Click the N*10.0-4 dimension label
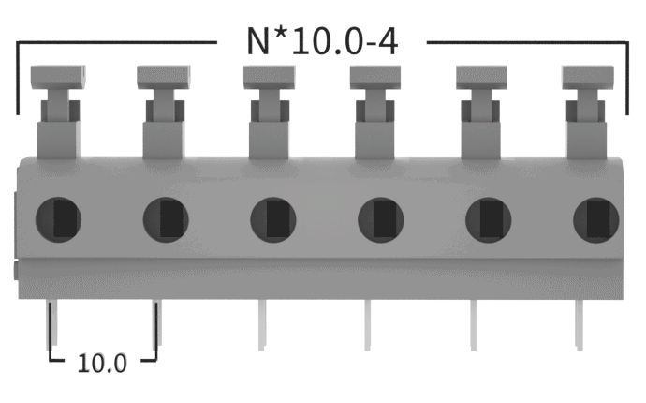click(322, 41)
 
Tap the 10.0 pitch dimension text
click(102, 364)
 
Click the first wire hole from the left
click(58, 219)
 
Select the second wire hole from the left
click(166, 219)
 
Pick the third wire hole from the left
click(273, 219)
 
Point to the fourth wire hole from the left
click(381, 219)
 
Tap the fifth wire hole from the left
click(488, 219)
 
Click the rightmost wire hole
click(595, 219)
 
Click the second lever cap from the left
click(164, 77)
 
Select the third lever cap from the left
click(270, 77)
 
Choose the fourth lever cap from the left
click(375, 77)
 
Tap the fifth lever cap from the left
click(481, 77)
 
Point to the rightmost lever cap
click(588, 77)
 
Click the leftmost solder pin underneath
click(53, 323)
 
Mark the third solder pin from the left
click(261, 325)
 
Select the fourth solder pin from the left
click(367, 325)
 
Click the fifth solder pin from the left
click(474, 325)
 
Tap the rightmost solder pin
click(580, 325)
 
